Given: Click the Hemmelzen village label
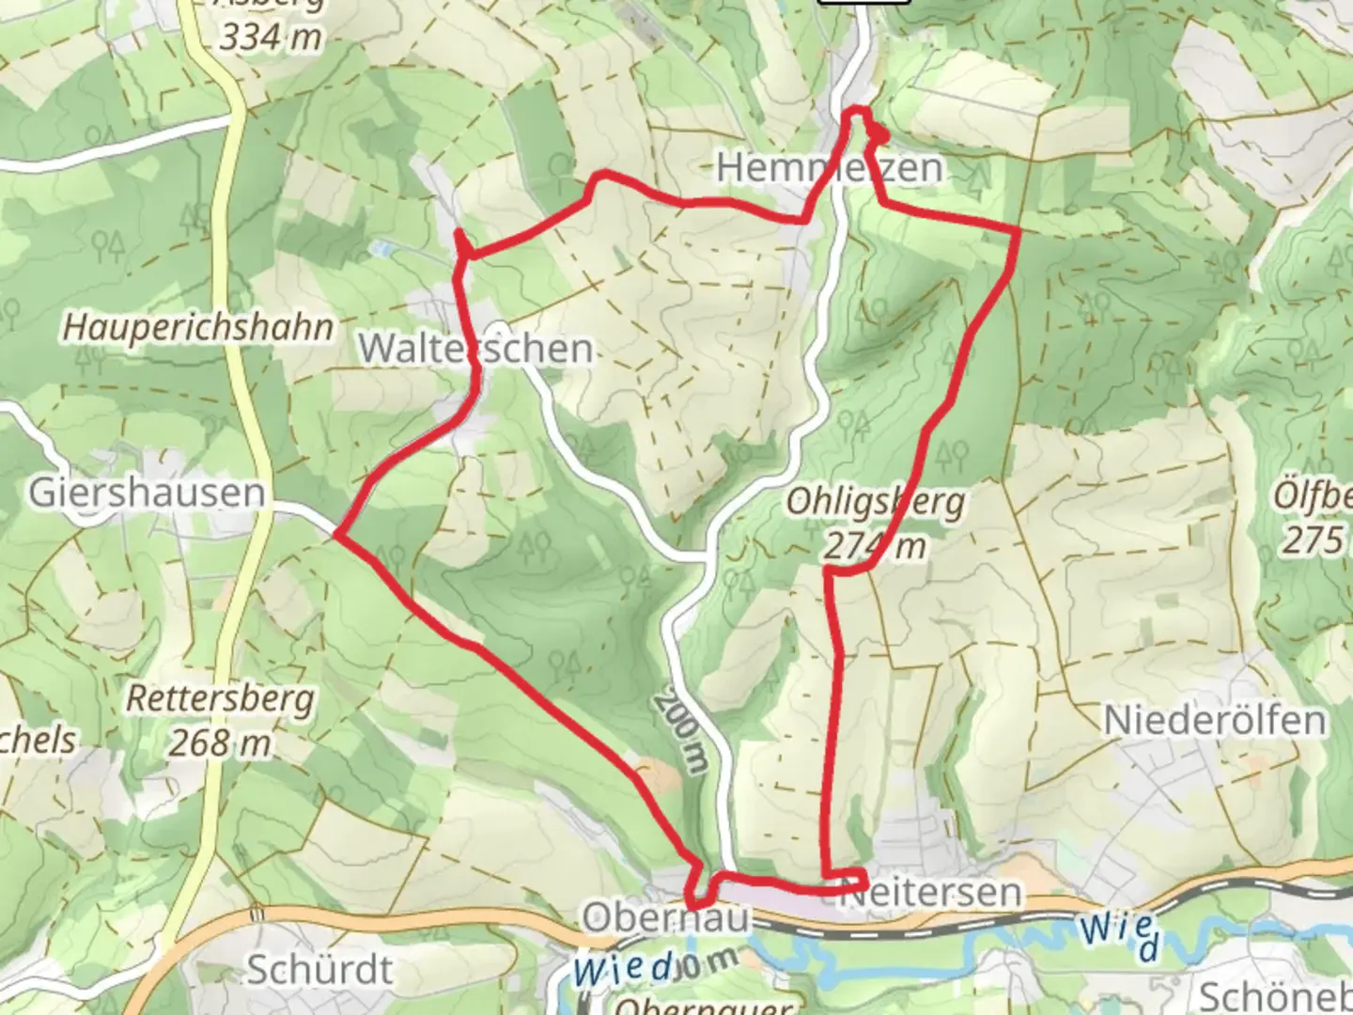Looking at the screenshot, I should pos(829,168).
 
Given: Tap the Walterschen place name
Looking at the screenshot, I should pos(475,349).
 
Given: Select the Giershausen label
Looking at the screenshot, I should pos(147,492).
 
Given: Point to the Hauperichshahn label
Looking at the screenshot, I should pos(198,328).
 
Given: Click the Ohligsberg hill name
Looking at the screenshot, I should pos(875,502).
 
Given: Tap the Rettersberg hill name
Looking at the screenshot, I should pos(220,700).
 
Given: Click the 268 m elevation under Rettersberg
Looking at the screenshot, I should pos(220,743).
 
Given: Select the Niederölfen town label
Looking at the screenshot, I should pos(1214,721).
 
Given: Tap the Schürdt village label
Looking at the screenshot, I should pos(319,970).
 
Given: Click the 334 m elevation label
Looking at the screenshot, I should pos(271,38).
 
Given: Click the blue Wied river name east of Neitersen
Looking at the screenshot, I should pos(1118,935).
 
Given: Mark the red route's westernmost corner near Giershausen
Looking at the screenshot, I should pos(336,537).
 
